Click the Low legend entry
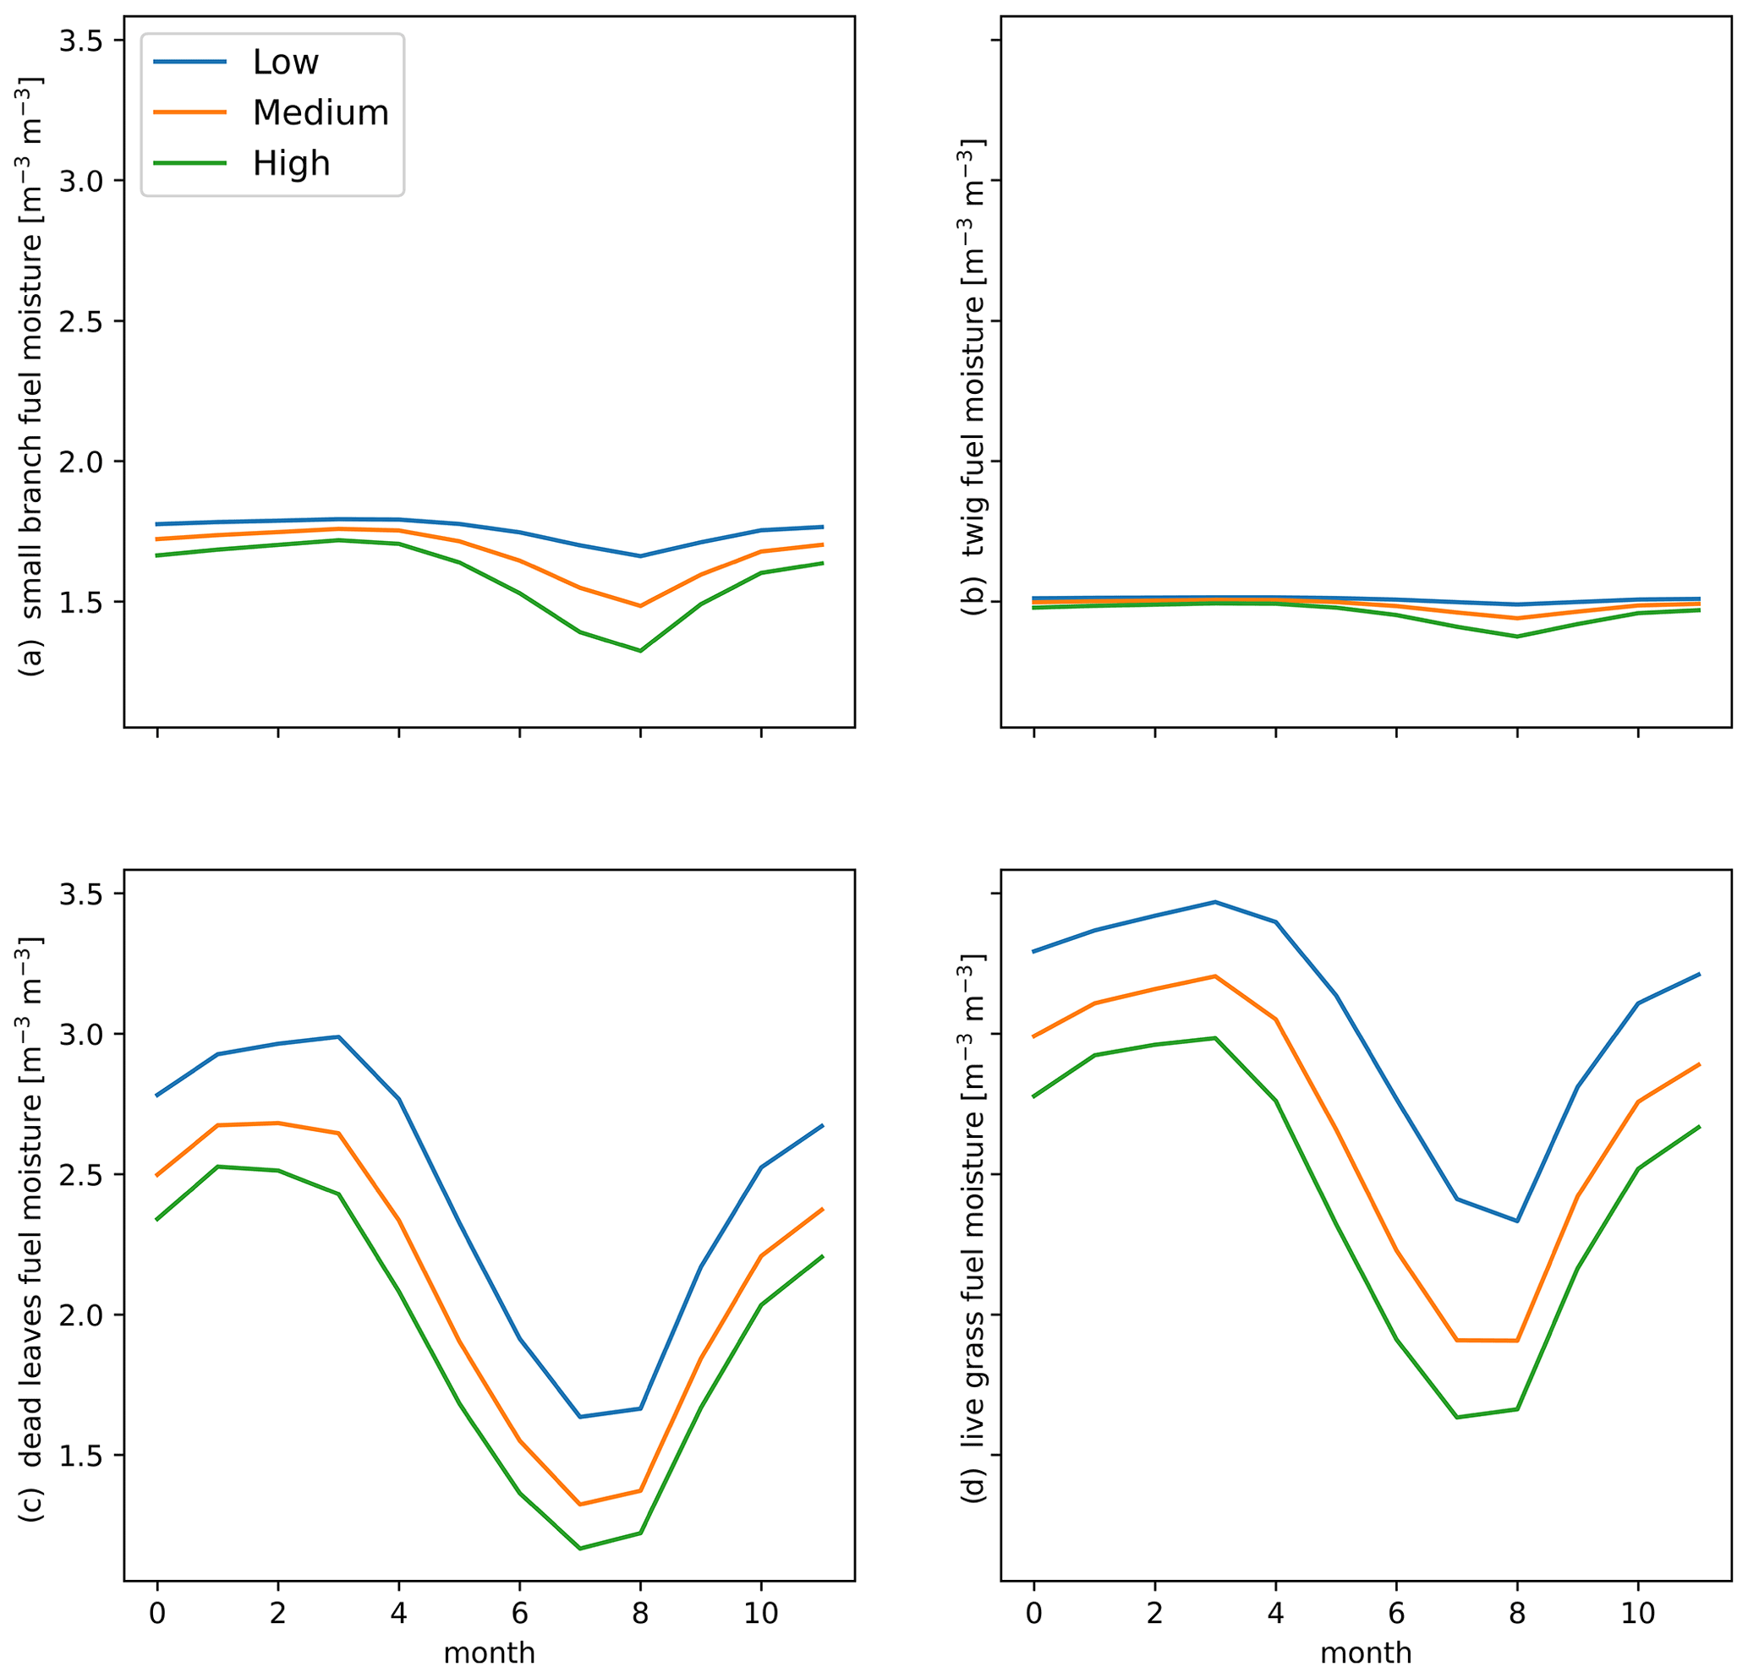[x=285, y=62]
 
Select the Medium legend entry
[x=321, y=112]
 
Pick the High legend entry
[x=291, y=163]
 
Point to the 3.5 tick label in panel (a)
[x=79, y=41]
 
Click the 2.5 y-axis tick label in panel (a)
[x=79, y=321]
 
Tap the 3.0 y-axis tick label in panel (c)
[x=79, y=1034]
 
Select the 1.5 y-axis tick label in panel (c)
[x=79, y=1456]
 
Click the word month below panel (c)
[x=489, y=1653]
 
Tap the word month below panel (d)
[x=1366, y=1653]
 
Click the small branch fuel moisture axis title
[x=32, y=374]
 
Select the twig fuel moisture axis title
[x=974, y=374]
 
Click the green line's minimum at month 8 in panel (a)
[x=640, y=651]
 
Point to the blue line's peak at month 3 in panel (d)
[x=1214, y=901]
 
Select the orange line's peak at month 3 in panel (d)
[x=1214, y=976]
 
